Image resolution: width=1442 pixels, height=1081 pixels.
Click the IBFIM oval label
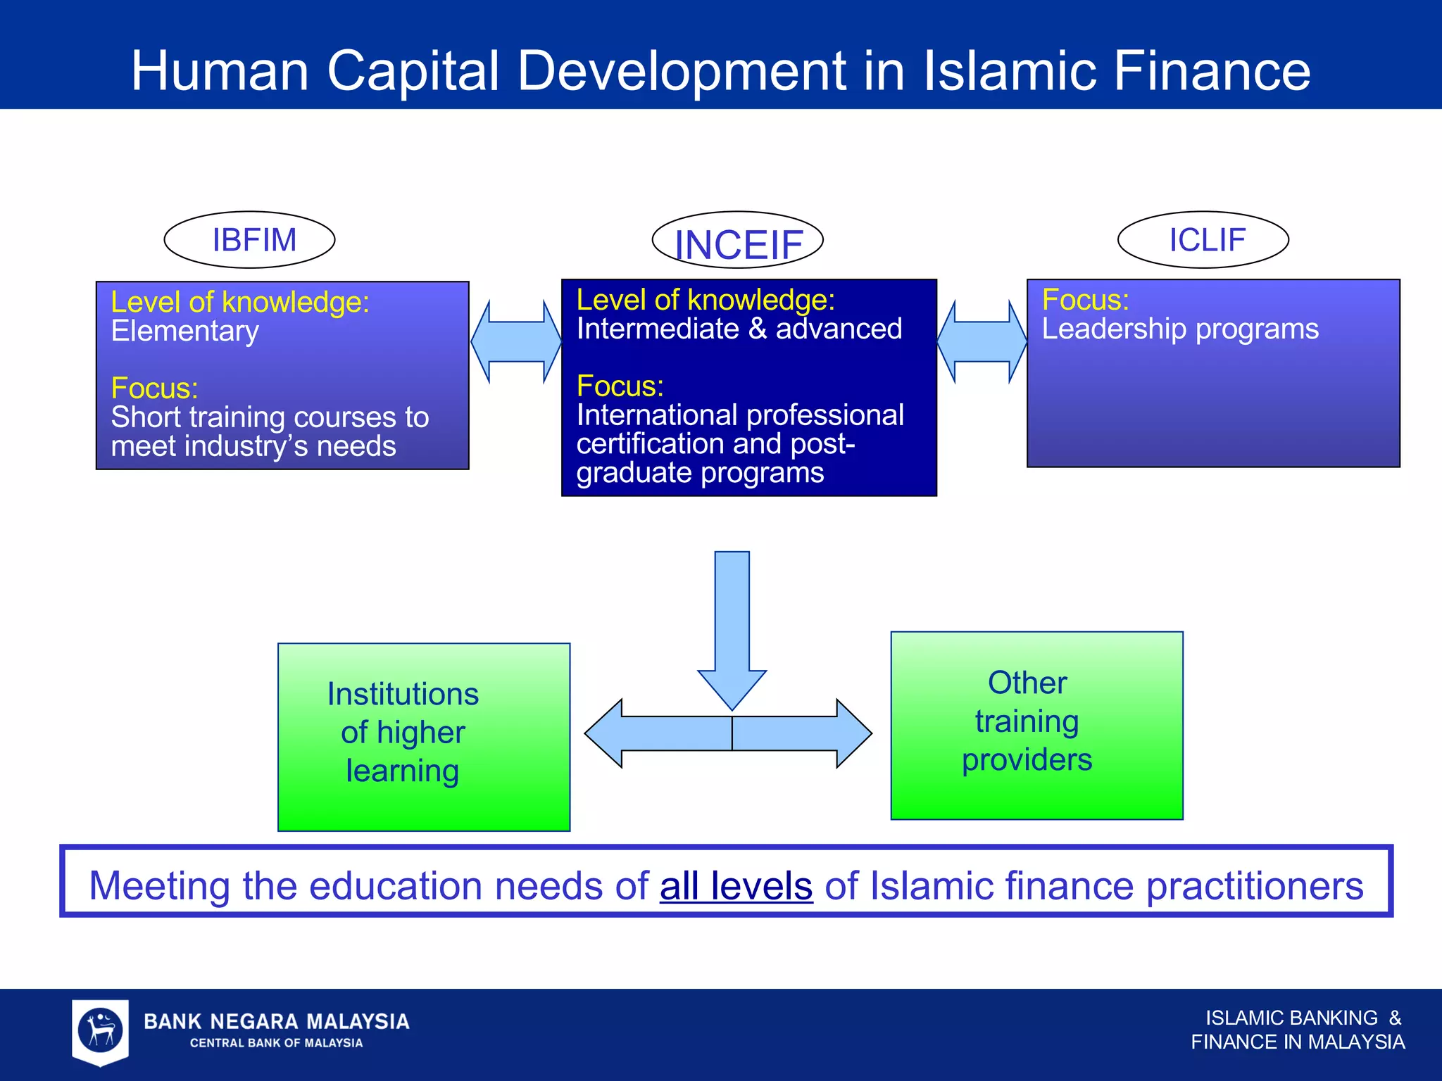[249, 240]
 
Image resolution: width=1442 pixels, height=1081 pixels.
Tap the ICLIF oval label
[1203, 240]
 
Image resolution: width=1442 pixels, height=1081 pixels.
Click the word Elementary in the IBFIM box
[184, 331]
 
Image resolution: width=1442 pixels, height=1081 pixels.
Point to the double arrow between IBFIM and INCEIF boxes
[515, 342]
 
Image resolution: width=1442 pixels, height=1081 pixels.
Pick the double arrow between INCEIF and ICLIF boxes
[982, 342]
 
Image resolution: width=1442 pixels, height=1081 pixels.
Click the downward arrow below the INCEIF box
[732, 626]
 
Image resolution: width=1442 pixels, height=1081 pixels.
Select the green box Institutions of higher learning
[423, 736]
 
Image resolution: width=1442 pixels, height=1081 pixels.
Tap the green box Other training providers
[1036, 725]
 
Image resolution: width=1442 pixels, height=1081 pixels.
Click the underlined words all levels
[736, 886]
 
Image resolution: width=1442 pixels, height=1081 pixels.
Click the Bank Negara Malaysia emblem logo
[101, 1030]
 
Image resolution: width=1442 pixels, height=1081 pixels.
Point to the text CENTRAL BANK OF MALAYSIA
[276, 1043]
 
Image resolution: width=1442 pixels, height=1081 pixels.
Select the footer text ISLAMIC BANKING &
[1303, 1018]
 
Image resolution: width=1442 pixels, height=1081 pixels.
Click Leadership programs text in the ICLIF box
[1180, 329]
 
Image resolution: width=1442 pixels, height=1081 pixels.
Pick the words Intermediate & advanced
[739, 329]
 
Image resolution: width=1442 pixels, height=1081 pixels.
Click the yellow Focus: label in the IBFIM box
[154, 388]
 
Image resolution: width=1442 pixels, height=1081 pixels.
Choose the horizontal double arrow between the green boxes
[729, 733]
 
